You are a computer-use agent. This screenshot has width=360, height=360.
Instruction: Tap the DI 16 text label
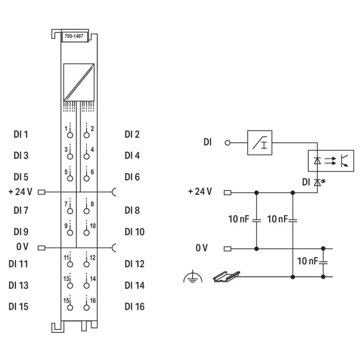134,307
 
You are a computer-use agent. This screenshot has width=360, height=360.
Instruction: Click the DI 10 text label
134,231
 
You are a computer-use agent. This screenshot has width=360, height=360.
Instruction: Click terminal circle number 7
70,211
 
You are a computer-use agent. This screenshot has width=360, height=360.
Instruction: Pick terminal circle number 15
70,307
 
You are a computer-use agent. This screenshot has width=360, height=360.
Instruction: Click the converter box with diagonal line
78,82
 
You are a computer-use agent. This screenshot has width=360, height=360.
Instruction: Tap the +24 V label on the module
20,192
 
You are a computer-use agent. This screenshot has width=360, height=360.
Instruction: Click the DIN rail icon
225,276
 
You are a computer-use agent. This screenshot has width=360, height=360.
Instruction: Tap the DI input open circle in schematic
227,143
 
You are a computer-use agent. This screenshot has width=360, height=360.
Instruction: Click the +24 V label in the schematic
200,192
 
